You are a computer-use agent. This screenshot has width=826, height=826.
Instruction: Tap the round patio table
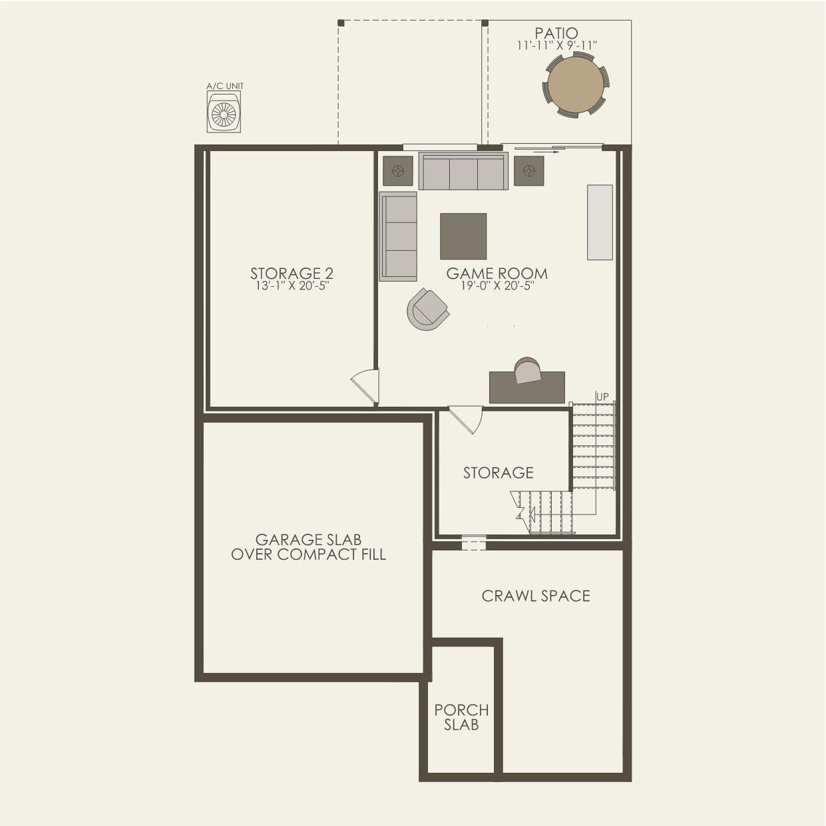pos(575,85)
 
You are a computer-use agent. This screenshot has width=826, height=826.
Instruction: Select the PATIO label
pos(556,33)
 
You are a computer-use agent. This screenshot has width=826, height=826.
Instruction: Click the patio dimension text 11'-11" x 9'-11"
pos(557,45)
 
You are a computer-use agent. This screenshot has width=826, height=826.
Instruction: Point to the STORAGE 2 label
pos(292,273)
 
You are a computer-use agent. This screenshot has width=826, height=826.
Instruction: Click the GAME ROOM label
pos(497,273)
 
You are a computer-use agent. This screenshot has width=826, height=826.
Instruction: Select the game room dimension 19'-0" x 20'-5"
pos(497,286)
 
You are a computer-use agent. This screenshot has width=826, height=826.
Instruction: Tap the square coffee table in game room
pos(463,236)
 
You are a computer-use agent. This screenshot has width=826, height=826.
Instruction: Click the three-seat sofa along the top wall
pos(463,172)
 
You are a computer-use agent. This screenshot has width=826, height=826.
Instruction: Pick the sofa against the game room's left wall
pos(398,236)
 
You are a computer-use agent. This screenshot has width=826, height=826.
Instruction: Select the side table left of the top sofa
pos(398,171)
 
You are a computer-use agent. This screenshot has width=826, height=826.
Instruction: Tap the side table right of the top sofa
pos(529,171)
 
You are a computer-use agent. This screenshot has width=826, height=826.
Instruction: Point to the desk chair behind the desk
pos(527,370)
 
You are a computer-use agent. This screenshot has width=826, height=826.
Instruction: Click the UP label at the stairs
pos(602,397)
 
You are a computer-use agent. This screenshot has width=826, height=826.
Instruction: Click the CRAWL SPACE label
pos(536,596)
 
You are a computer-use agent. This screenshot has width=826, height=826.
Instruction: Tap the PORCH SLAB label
pos(461,718)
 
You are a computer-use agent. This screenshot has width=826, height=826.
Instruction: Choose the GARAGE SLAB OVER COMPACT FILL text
pos(308,547)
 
